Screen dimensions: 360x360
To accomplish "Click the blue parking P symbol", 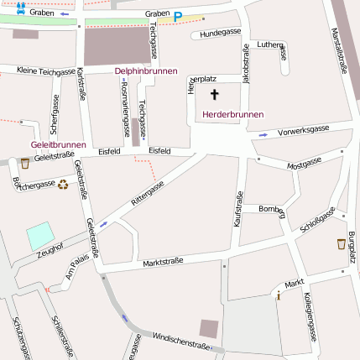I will [177, 15].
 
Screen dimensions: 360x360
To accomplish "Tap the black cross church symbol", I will [214, 95].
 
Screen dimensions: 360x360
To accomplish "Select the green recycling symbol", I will [63, 184].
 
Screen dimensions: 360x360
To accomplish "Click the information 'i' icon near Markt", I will [278, 295].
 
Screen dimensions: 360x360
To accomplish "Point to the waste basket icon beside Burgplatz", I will [341, 244].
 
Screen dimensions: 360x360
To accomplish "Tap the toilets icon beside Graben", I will [20, 8].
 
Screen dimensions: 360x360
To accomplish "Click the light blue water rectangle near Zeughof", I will [39, 237].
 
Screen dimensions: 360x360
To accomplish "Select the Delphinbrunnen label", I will [146, 71].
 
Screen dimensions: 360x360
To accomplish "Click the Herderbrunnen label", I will [232, 114].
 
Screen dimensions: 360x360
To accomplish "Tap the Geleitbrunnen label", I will [57, 144].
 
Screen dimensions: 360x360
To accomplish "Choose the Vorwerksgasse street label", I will [303, 130].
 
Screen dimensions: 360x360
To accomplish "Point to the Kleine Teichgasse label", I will [45, 71].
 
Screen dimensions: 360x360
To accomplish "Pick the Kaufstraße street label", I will [237, 209].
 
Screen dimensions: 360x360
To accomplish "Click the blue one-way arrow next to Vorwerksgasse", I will [263, 134].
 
